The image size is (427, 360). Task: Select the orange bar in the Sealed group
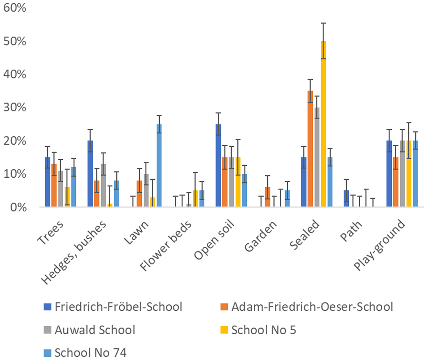point(310,149)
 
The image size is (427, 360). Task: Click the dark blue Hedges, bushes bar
point(90,174)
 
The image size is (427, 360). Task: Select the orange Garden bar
point(267,197)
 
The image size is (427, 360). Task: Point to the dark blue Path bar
point(346,199)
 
